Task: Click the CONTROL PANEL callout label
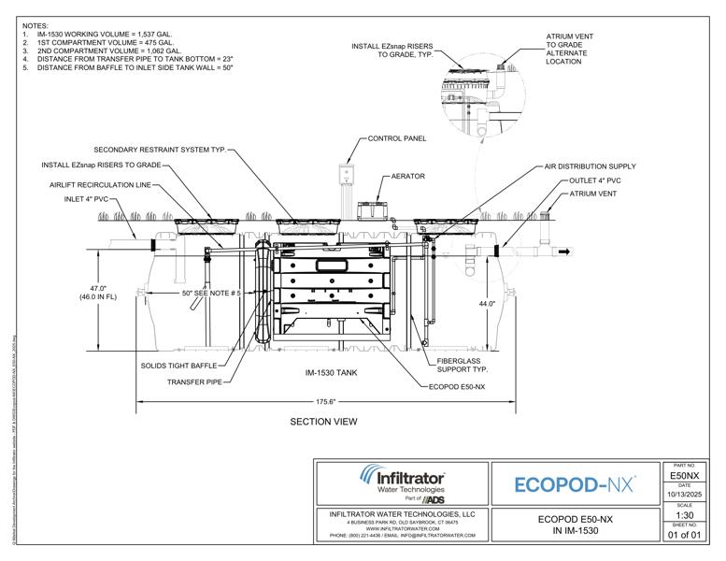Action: click(x=397, y=138)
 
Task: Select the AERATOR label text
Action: click(x=408, y=176)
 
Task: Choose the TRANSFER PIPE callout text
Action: click(x=194, y=381)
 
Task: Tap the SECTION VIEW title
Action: click(x=323, y=422)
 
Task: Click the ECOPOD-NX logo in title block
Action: click(x=576, y=483)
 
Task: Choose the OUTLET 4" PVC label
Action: click(x=594, y=180)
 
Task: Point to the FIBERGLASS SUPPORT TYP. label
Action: click(x=463, y=365)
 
